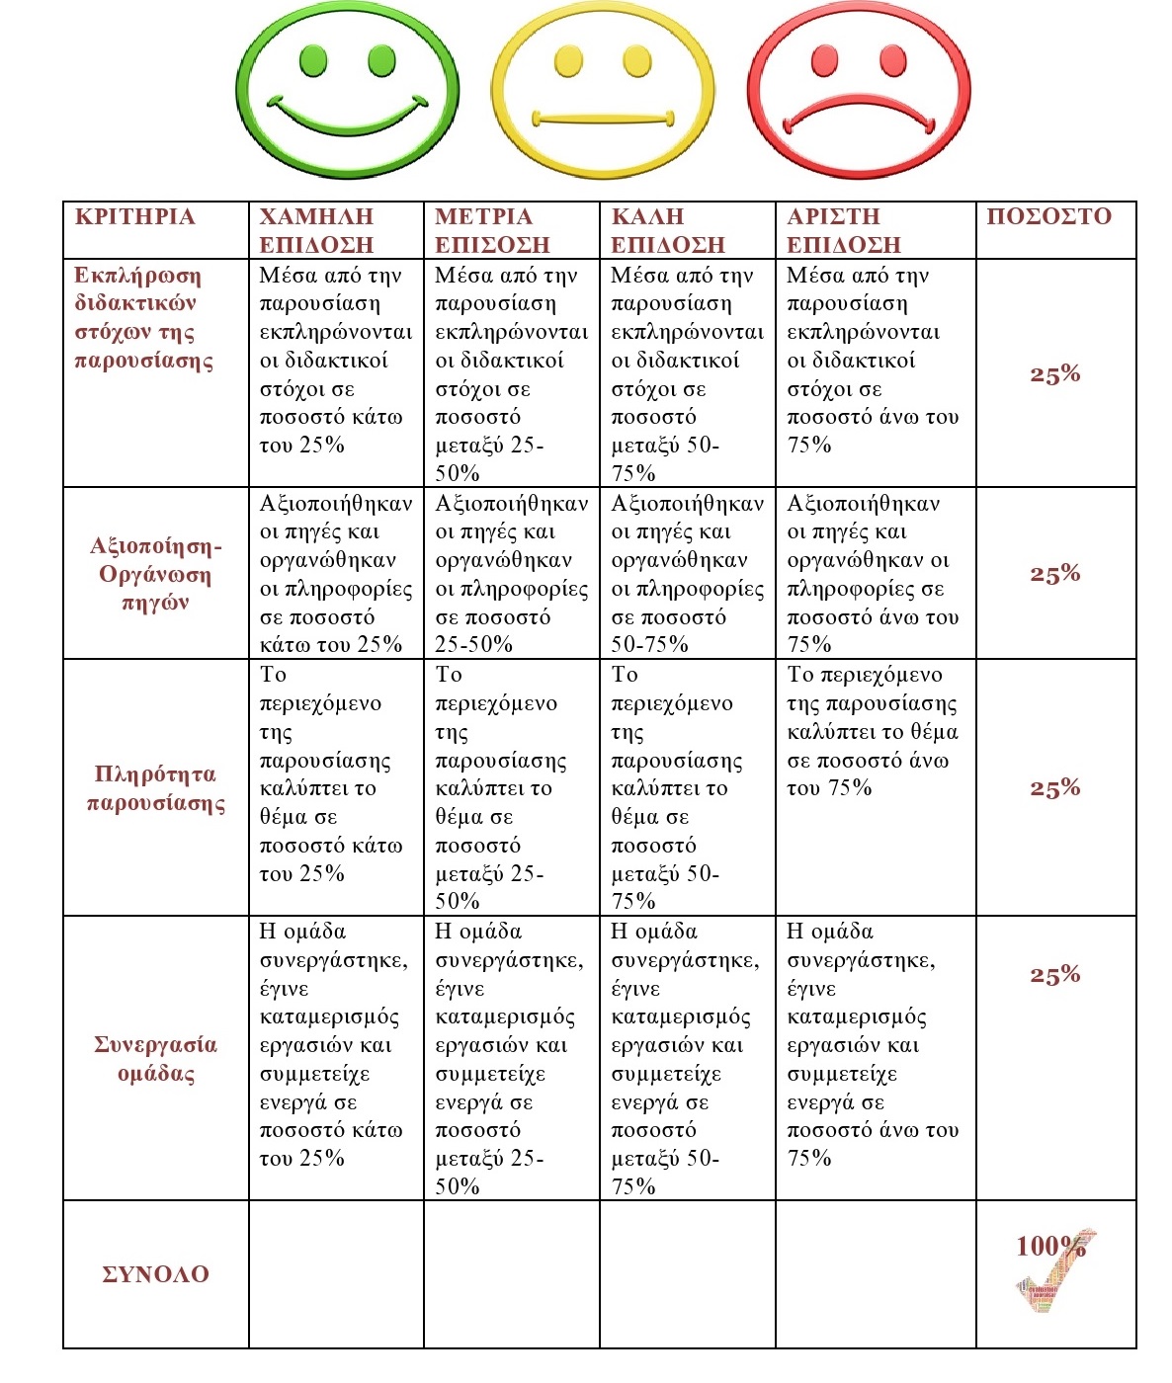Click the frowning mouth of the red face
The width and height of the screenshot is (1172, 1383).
click(858, 111)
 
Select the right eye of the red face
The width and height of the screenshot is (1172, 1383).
click(893, 60)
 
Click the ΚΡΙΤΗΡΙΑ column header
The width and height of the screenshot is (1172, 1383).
click(134, 216)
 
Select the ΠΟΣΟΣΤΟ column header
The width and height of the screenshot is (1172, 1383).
click(1048, 216)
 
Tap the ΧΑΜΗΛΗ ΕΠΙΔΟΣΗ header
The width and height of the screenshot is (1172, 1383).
click(316, 231)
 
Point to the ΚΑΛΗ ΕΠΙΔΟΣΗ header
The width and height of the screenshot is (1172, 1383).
click(668, 231)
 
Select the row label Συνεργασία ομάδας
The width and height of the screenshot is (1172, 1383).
click(155, 1059)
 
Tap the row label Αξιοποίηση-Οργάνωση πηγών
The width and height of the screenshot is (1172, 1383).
click(155, 574)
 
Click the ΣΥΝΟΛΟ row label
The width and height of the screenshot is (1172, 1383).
click(155, 1274)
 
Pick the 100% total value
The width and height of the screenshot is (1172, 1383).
click(1050, 1246)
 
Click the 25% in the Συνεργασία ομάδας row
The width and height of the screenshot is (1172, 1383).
click(1054, 975)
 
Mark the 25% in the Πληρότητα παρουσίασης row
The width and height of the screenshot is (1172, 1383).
click(1054, 788)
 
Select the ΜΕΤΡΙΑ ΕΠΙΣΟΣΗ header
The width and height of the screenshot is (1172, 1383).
click(492, 231)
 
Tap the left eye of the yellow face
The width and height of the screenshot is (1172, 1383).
click(569, 61)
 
